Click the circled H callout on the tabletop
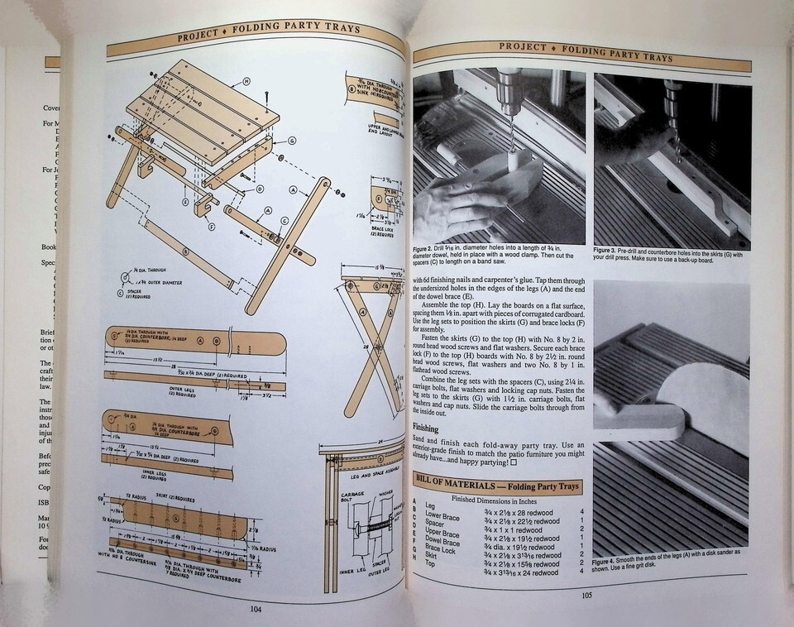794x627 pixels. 246,82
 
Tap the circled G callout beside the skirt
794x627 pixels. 291,141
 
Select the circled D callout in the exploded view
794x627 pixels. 260,189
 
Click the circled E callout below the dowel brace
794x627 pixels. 185,201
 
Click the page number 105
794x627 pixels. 586,594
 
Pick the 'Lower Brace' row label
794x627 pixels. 442,516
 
